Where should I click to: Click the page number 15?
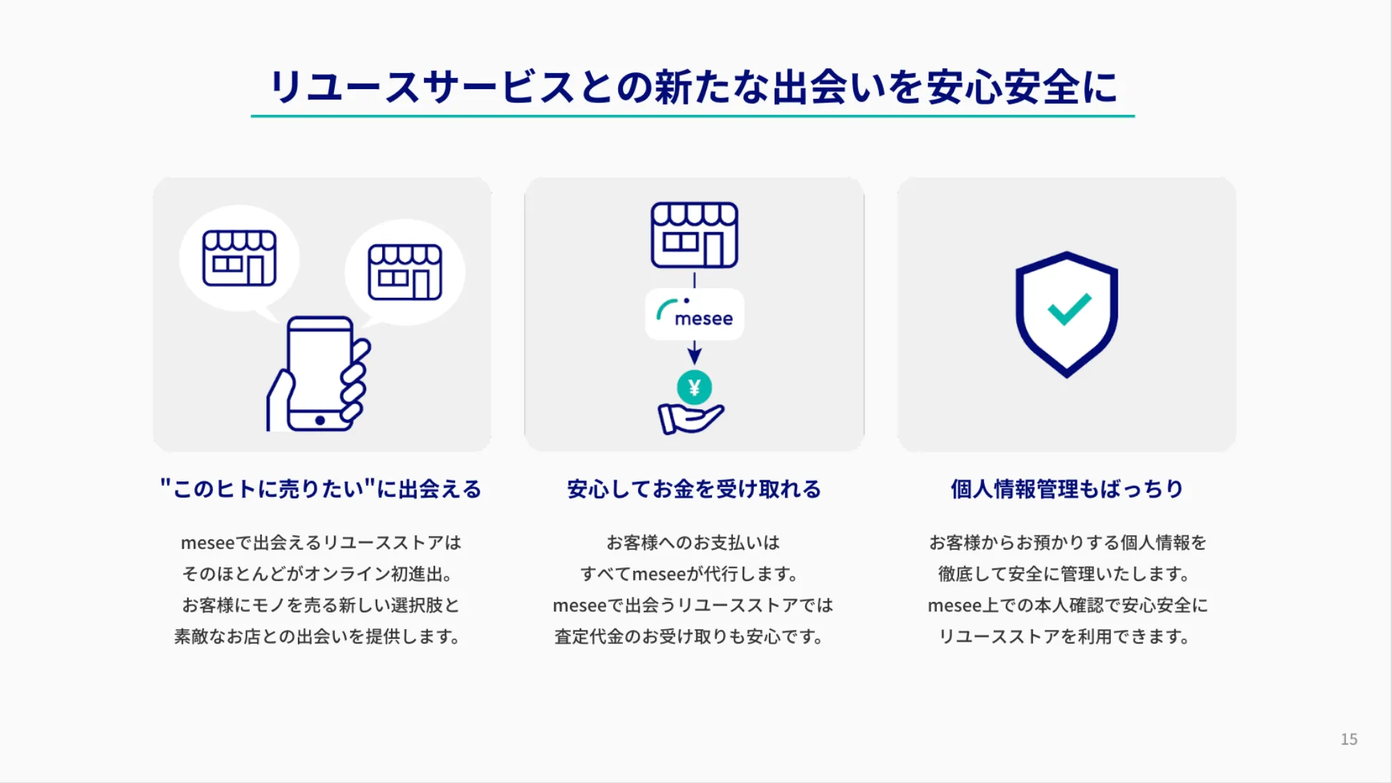tap(1349, 739)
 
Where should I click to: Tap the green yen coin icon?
tap(694, 388)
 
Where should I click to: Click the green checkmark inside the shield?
tap(1069, 309)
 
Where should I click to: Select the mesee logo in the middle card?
tap(695, 314)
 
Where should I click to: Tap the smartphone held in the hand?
tap(320, 374)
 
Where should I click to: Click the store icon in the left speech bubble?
tap(239, 258)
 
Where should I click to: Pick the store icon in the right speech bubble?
tap(405, 272)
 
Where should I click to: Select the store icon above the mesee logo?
tap(695, 235)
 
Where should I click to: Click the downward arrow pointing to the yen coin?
tap(695, 352)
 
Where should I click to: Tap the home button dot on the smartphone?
tap(320, 420)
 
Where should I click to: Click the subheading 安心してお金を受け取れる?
tap(694, 489)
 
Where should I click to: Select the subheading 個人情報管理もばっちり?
tap(1067, 489)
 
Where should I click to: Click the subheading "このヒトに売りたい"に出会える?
tap(321, 489)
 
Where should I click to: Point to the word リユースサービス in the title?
tap(422, 88)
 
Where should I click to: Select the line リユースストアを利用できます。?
tap(1066, 637)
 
